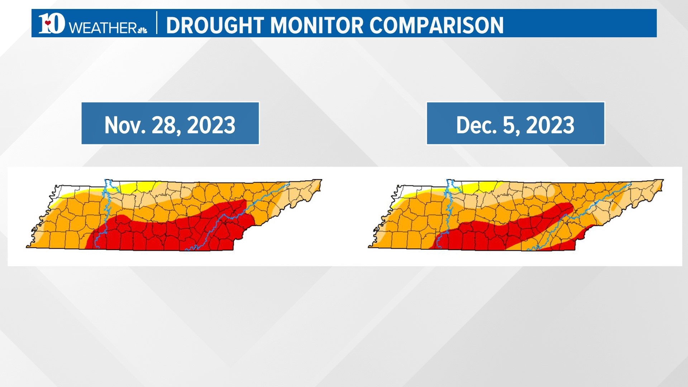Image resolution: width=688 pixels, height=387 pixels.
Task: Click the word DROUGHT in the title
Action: [x=215, y=25]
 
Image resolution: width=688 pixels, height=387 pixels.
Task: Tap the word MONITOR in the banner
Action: [x=316, y=25]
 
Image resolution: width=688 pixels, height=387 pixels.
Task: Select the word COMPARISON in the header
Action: [x=436, y=25]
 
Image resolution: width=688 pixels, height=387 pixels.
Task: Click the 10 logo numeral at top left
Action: [x=52, y=24]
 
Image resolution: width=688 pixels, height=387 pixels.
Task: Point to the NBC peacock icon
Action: [x=142, y=30]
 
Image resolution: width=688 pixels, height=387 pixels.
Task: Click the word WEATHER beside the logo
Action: [x=102, y=28]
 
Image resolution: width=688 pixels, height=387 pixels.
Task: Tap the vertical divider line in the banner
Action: [x=157, y=23]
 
